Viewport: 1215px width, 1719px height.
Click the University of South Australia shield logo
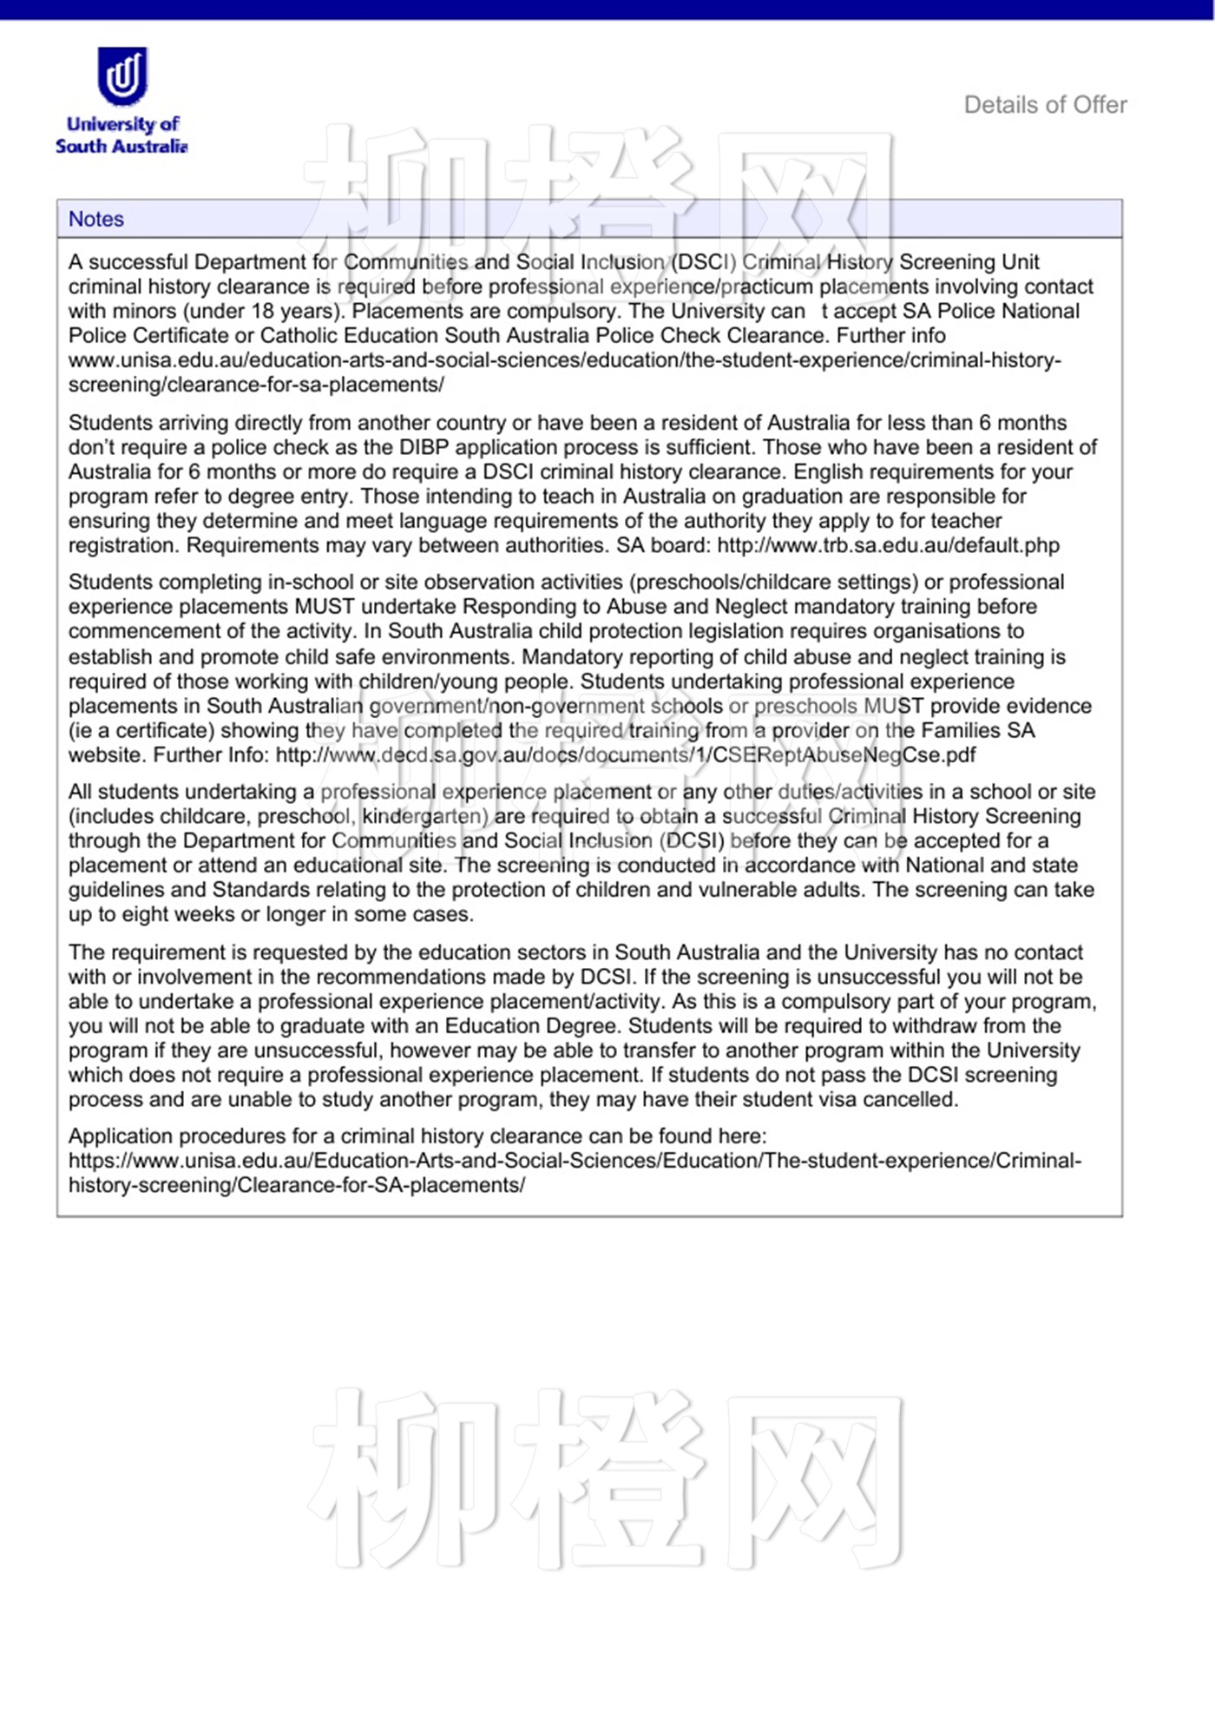[122, 76]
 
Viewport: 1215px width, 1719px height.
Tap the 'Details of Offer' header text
[1045, 105]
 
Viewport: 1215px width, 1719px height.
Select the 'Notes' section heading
[96, 219]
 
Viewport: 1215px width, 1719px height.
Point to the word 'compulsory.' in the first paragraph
[569, 311]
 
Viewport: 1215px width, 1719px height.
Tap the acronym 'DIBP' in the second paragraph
[424, 447]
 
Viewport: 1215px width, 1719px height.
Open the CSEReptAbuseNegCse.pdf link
[626, 754]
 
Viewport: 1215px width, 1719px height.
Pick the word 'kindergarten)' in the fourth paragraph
[425, 816]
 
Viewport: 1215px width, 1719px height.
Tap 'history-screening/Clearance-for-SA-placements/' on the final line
[297, 1185]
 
